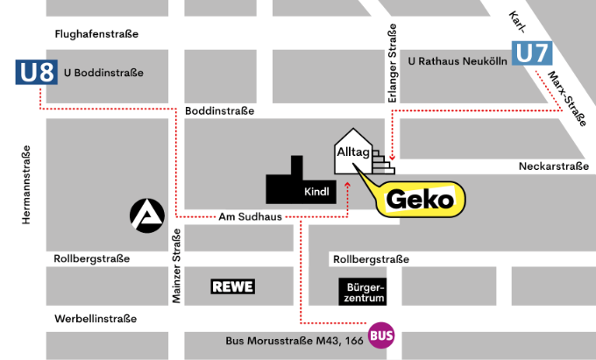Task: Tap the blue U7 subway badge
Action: pyautogui.click(x=533, y=53)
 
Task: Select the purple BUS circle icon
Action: pyautogui.click(x=381, y=335)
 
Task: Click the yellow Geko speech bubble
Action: pyautogui.click(x=418, y=199)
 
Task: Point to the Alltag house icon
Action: pyautogui.click(x=353, y=152)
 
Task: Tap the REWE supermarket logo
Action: pyautogui.click(x=232, y=286)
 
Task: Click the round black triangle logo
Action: pyautogui.click(x=147, y=215)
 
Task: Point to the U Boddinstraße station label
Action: pyautogui.click(x=103, y=73)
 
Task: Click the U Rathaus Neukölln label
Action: pyautogui.click(x=458, y=61)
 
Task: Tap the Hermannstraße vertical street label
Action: pyautogui.click(x=27, y=184)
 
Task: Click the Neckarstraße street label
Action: pyautogui.click(x=552, y=166)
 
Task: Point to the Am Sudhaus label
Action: pyautogui.click(x=250, y=217)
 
